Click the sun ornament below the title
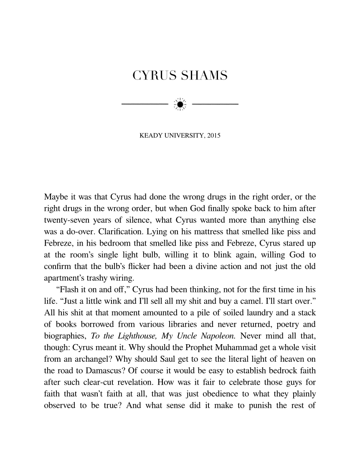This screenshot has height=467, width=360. (x=180, y=104)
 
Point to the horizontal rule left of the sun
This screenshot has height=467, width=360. (x=142, y=104)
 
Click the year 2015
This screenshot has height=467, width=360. (x=213, y=136)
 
